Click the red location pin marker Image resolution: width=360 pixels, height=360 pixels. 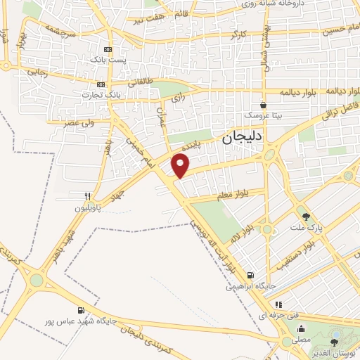pos(181,165)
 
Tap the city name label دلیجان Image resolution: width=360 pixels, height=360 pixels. pos(242,139)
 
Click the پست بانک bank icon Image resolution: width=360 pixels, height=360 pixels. pos(108,50)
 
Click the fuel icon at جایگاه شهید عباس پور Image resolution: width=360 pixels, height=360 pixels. pos(82,309)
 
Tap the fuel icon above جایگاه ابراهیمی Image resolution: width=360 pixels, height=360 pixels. pos(251,276)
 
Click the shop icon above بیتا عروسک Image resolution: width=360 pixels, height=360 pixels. pos(263,104)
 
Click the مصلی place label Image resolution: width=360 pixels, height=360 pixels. pos(301,339)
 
